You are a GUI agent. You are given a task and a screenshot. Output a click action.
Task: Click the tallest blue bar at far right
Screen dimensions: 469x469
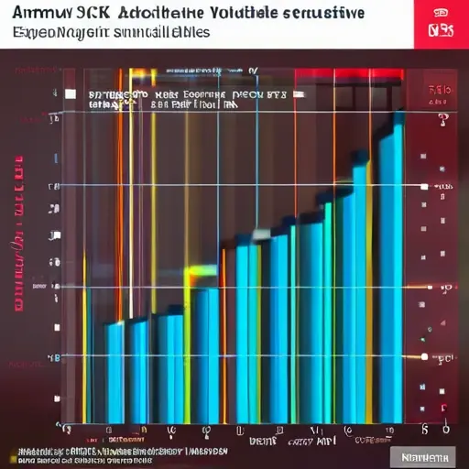point(391,275)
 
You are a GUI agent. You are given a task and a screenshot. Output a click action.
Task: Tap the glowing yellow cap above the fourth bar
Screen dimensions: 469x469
point(201,272)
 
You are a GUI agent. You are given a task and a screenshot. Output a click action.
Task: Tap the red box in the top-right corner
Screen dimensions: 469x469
point(441,24)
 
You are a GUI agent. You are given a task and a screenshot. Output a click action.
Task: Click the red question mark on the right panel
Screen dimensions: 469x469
point(442,120)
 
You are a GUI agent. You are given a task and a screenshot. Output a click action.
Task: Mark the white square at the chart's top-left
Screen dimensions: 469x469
point(70,93)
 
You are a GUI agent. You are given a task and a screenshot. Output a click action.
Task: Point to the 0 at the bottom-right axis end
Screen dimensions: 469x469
point(445,428)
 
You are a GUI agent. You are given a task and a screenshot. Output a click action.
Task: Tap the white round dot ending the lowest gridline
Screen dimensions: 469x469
point(423,355)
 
